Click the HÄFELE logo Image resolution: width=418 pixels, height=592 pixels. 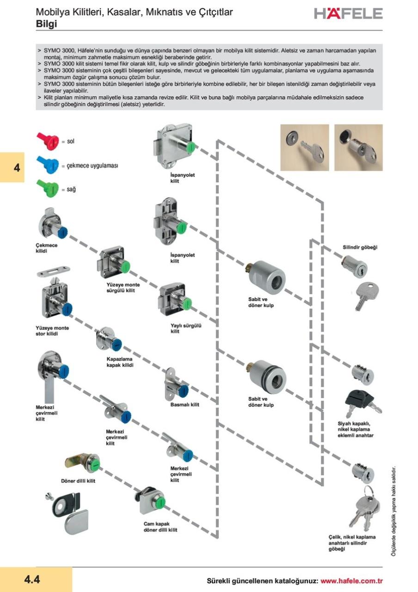pyautogui.click(x=348, y=13)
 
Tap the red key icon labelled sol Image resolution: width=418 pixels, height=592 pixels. pyautogui.click(x=48, y=139)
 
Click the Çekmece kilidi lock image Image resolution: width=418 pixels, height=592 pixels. pyautogui.click(x=52, y=223)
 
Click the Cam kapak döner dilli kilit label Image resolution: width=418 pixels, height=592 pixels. pyautogui.click(x=160, y=527)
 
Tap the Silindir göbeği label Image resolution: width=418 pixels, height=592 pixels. pyautogui.click(x=360, y=247)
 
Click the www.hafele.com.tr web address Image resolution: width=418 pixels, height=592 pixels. pyautogui.click(x=351, y=581)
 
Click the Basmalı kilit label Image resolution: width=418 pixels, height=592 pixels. pyautogui.click(x=185, y=405)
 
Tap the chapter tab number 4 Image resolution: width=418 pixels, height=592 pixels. pyautogui.click(x=16, y=167)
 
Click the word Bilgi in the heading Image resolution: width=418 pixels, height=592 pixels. pyautogui.click(x=46, y=24)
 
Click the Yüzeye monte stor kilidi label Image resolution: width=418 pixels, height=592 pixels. pyautogui.click(x=52, y=331)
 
